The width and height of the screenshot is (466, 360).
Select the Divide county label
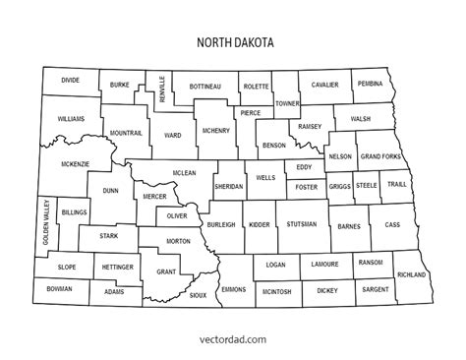70,79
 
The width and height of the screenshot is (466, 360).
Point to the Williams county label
71,118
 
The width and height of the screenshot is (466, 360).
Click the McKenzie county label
76,163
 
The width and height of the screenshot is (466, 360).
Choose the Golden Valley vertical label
45,222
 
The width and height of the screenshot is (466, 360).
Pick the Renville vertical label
162,90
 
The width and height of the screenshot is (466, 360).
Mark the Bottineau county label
205,86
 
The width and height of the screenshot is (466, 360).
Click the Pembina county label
370,85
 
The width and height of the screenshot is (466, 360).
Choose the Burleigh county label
221,224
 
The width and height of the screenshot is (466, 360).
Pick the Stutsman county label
303,224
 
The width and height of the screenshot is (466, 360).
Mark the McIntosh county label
276,291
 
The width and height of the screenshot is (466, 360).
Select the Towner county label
286,103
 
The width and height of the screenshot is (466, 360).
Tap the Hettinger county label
114,267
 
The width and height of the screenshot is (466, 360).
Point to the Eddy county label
304,167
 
